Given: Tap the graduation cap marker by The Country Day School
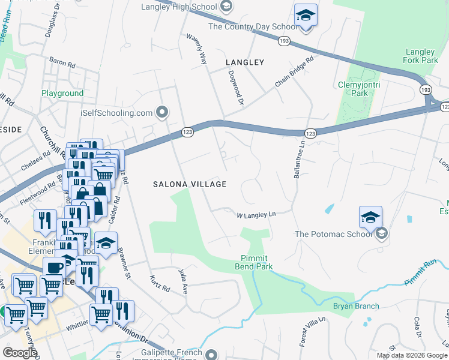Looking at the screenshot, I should point(306,16).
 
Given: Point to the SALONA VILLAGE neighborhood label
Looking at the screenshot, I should point(189,184).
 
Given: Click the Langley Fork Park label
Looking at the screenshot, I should point(421,56).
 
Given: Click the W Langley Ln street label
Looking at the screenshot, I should point(256,214).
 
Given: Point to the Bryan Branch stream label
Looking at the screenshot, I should point(356,306).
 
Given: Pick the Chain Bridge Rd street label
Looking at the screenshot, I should point(295,73).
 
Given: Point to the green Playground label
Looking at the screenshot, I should point(62,94).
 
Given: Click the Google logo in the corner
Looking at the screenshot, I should point(20,353).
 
